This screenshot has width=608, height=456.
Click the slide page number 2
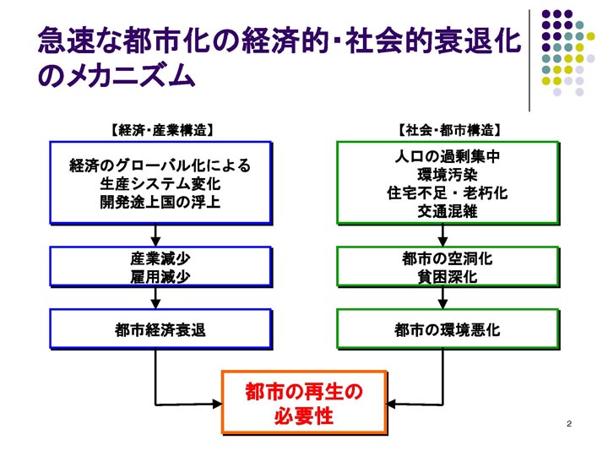tap(569, 424)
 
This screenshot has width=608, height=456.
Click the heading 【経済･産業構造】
tap(162, 130)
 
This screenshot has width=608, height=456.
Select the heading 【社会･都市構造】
tap(449, 130)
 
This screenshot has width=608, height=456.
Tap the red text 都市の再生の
tap(304, 392)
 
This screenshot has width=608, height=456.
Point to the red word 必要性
tap(304, 416)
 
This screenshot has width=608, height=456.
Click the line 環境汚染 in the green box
tap(448, 175)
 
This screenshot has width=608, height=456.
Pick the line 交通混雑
tap(448, 211)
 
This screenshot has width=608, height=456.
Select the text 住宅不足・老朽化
tap(448, 193)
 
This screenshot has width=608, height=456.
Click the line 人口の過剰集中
tap(448, 157)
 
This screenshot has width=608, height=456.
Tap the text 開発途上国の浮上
tap(160, 202)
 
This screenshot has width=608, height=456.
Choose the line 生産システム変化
tap(160, 184)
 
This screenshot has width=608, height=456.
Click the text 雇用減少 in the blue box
tap(160, 277)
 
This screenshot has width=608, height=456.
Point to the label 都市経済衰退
tap(160, 330)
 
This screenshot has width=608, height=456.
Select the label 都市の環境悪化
tap(448, 330)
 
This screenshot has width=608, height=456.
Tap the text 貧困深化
tap(448, 277)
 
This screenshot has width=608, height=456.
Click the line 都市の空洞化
tap(448, 258)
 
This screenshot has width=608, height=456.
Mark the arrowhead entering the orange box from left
tap(217, 404)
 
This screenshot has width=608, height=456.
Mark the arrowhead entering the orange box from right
tap(392, 404)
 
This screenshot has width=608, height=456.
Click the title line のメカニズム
tap(117, 74)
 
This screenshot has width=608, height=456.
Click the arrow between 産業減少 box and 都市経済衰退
tap(155, 298)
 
